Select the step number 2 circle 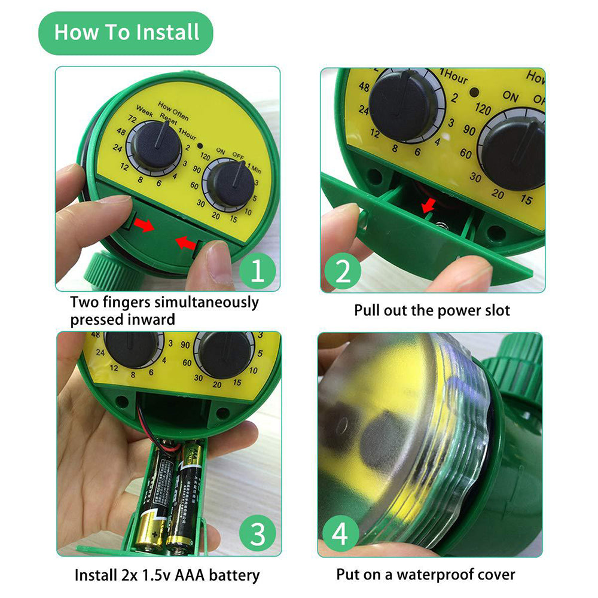343,271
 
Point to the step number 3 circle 257,534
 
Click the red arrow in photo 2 428,206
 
